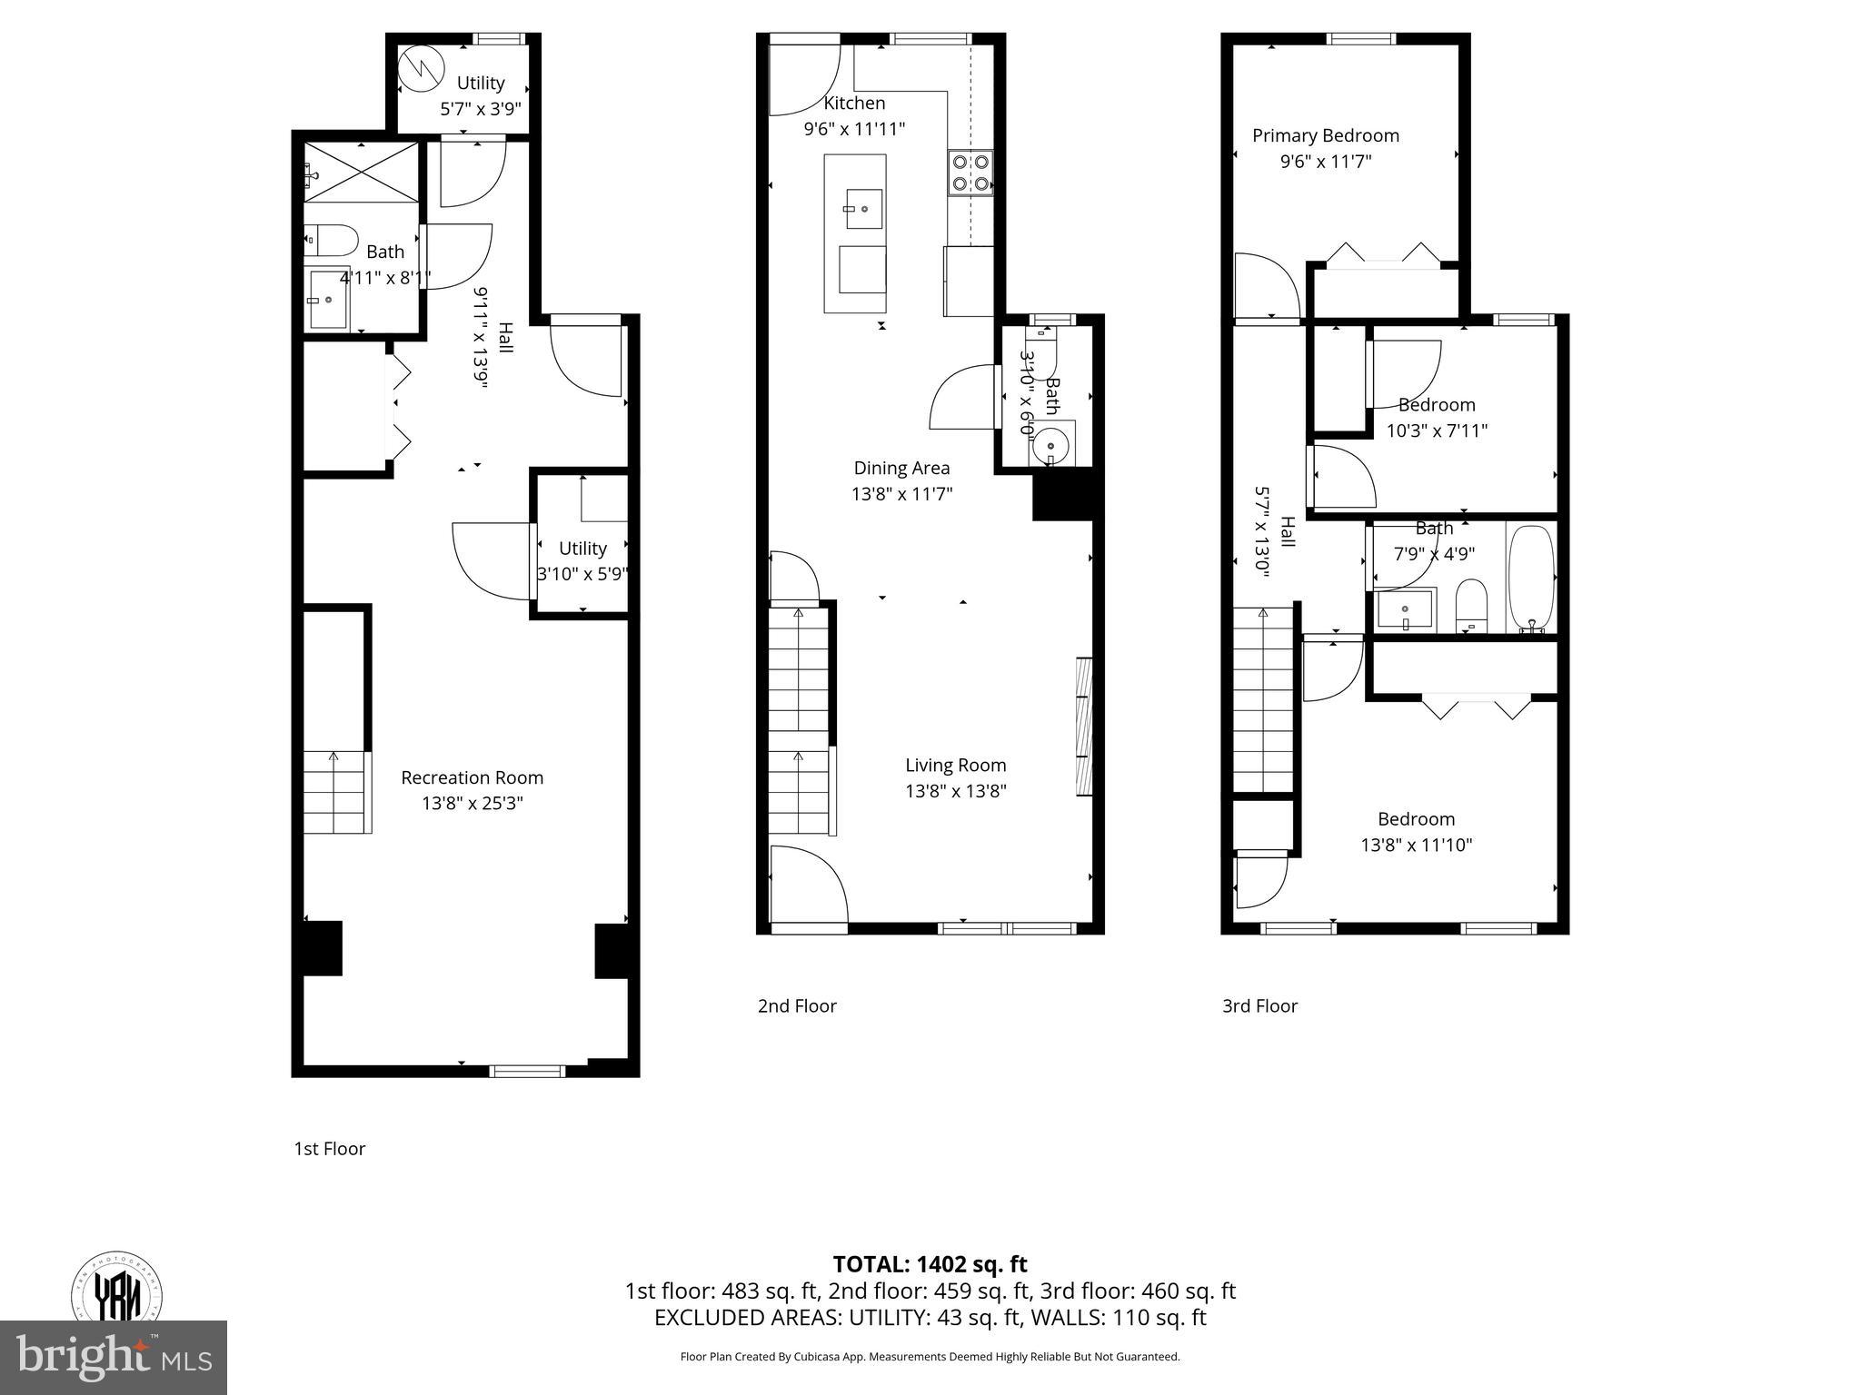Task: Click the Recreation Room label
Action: pyautogui.click(x=472, y=777)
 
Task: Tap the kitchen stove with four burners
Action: pyautogui.click(x=970, y=173)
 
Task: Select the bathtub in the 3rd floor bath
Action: pyautogui.click(x=1532, y=578)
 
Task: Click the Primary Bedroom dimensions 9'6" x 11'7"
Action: pyautogui.click(x=1325, y=162)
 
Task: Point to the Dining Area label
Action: pyautogui.click(x=901, y=468)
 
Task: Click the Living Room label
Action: pyautogui.click(x=955, y=765)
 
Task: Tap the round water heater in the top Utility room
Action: pyautogui.click(x=422, y=69)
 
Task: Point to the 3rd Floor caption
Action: pyautogui.click(x=1259, y=1005)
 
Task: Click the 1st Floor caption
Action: pyautogui.click(x=329, y=1148)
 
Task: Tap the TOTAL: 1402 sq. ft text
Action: pyautogui.click(x=930, y=1263)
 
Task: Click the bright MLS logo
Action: pyautogui.click(x=114, y=1357)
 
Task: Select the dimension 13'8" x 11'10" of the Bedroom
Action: pyautogui.click(x=1416, y=845)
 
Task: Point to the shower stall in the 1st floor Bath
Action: pyautogui.click(x=362, y=171)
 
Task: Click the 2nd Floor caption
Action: pyautogui.click(x=797, y=1005)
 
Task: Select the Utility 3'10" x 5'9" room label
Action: pyautogui.click(x=582, y=549)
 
